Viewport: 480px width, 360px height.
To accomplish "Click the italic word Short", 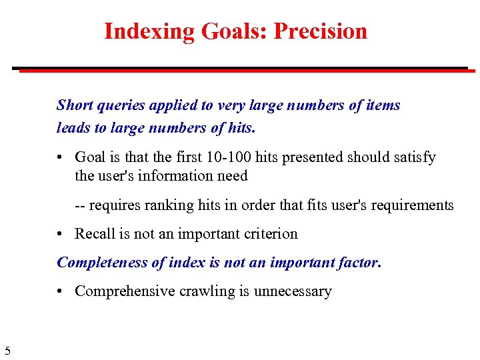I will [x=75, y=105].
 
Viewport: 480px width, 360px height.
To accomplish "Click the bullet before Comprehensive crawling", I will [x=61, y=291].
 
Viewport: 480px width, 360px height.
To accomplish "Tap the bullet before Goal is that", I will [x=61, y=157].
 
